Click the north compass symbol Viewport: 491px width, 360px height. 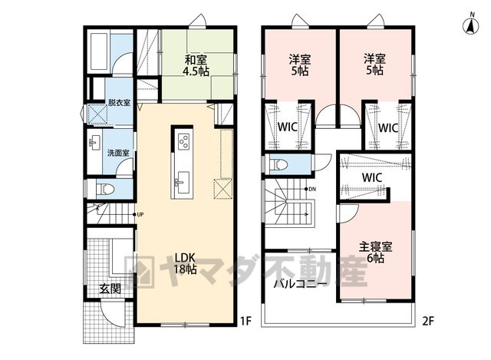pyautogui.click(x=471, y=25)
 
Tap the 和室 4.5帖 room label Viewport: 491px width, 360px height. pyautogui.click(x=196, y=65)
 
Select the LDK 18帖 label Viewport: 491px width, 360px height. pyautogui.click(x=185, y=263)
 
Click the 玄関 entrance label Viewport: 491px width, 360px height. pyautogui.click(x=110, y=289)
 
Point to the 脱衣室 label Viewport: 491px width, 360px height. pyautogui.click(x=120, y=102)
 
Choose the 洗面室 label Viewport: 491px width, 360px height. pyautogui.click(x=118, y=153)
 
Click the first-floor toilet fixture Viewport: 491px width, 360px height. pyautogui.click(x=104, y=189)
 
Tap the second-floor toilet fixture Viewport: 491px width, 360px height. pyautogui.click(x=278, y=164)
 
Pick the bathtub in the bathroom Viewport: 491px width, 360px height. pyautogui.click(x=99, y=51)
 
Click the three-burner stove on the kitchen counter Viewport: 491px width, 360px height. pyautogui.click(x=184, y=141)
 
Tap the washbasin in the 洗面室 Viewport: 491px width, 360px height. pyautogui.click(x=94, y=144)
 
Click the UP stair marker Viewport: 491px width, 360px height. pyautogui.click(x=138, y=215)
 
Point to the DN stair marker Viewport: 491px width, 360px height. pyautogui.click(x=310, y=189)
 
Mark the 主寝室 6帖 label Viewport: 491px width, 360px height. pyautogui.click(x=375, y=252)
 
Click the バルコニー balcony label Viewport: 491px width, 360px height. pyautogui.click(x=301, y=283)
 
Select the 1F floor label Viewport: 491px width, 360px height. pyautogui.click(x=245, y=321)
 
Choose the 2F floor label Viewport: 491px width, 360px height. pyautogui.click(x=428, y=321)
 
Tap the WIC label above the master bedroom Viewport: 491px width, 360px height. pyautogui.click(x=372, y=177)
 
